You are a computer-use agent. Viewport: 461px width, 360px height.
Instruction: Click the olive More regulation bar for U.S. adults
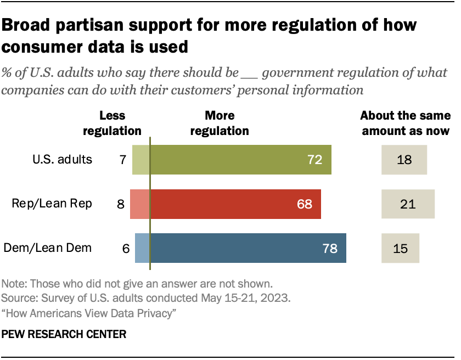pyautogui.click(x=240, y=160)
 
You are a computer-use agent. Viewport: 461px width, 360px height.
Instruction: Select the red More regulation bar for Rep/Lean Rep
pyautogui.click(x=235, y=204)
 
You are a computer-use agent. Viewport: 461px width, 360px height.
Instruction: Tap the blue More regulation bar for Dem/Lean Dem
pyautogui.click(x=248, y=248)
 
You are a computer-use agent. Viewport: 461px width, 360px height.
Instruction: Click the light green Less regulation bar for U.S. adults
pyautogui.click(x=141, y=160)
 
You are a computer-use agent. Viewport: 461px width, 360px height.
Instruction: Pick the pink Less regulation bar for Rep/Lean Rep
pyautogui.click(x=139, y=204)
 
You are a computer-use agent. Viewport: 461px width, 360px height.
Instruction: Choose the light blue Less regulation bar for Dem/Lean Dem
pyautogui.click(x=142, y=248)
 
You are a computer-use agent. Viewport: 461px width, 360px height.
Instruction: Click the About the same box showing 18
pyautogui.click(x=404, y=160)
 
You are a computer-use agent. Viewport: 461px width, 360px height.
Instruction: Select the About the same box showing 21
pyautogui.click(x=408, y=204)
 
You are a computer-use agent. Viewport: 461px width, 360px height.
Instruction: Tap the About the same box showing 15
pyautogui.click(x=401, y=248)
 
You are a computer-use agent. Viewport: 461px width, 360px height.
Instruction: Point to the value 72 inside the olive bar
pyautogui.click(x=314, y=160)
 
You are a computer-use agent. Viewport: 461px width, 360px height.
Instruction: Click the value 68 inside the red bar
pyautogui.click(x=304, y=204)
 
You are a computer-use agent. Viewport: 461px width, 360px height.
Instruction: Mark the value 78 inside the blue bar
pyautogui.click(x=329, y=248)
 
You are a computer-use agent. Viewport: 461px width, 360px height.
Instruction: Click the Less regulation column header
pyautogui.click(x=112, y=123)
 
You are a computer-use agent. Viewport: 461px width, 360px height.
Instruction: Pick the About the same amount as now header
pyautogui.click(x=405, y=123)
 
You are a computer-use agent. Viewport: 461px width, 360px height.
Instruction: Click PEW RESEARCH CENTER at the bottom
pyautogui.click(x=64, y=334)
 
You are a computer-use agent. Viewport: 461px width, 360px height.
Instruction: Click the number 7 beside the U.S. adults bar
pyautogui.click(x=123, y=160)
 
